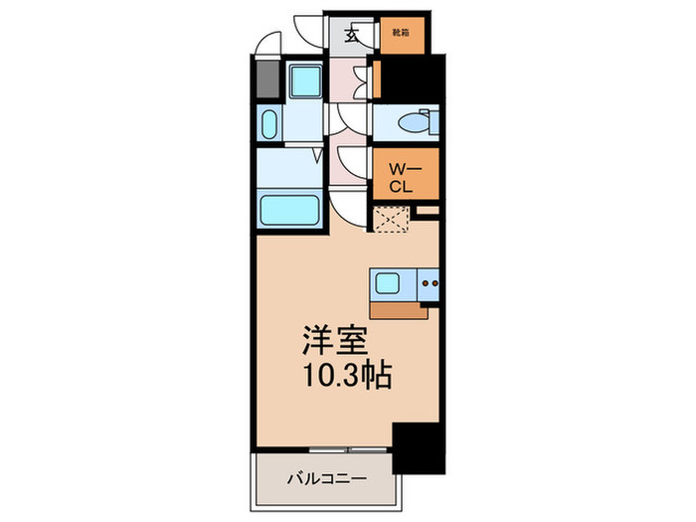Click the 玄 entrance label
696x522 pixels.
click(352, 36)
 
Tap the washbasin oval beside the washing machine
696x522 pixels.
click(268, 124)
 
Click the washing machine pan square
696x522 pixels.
click(298, 80)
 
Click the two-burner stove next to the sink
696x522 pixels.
click(431, 284)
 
